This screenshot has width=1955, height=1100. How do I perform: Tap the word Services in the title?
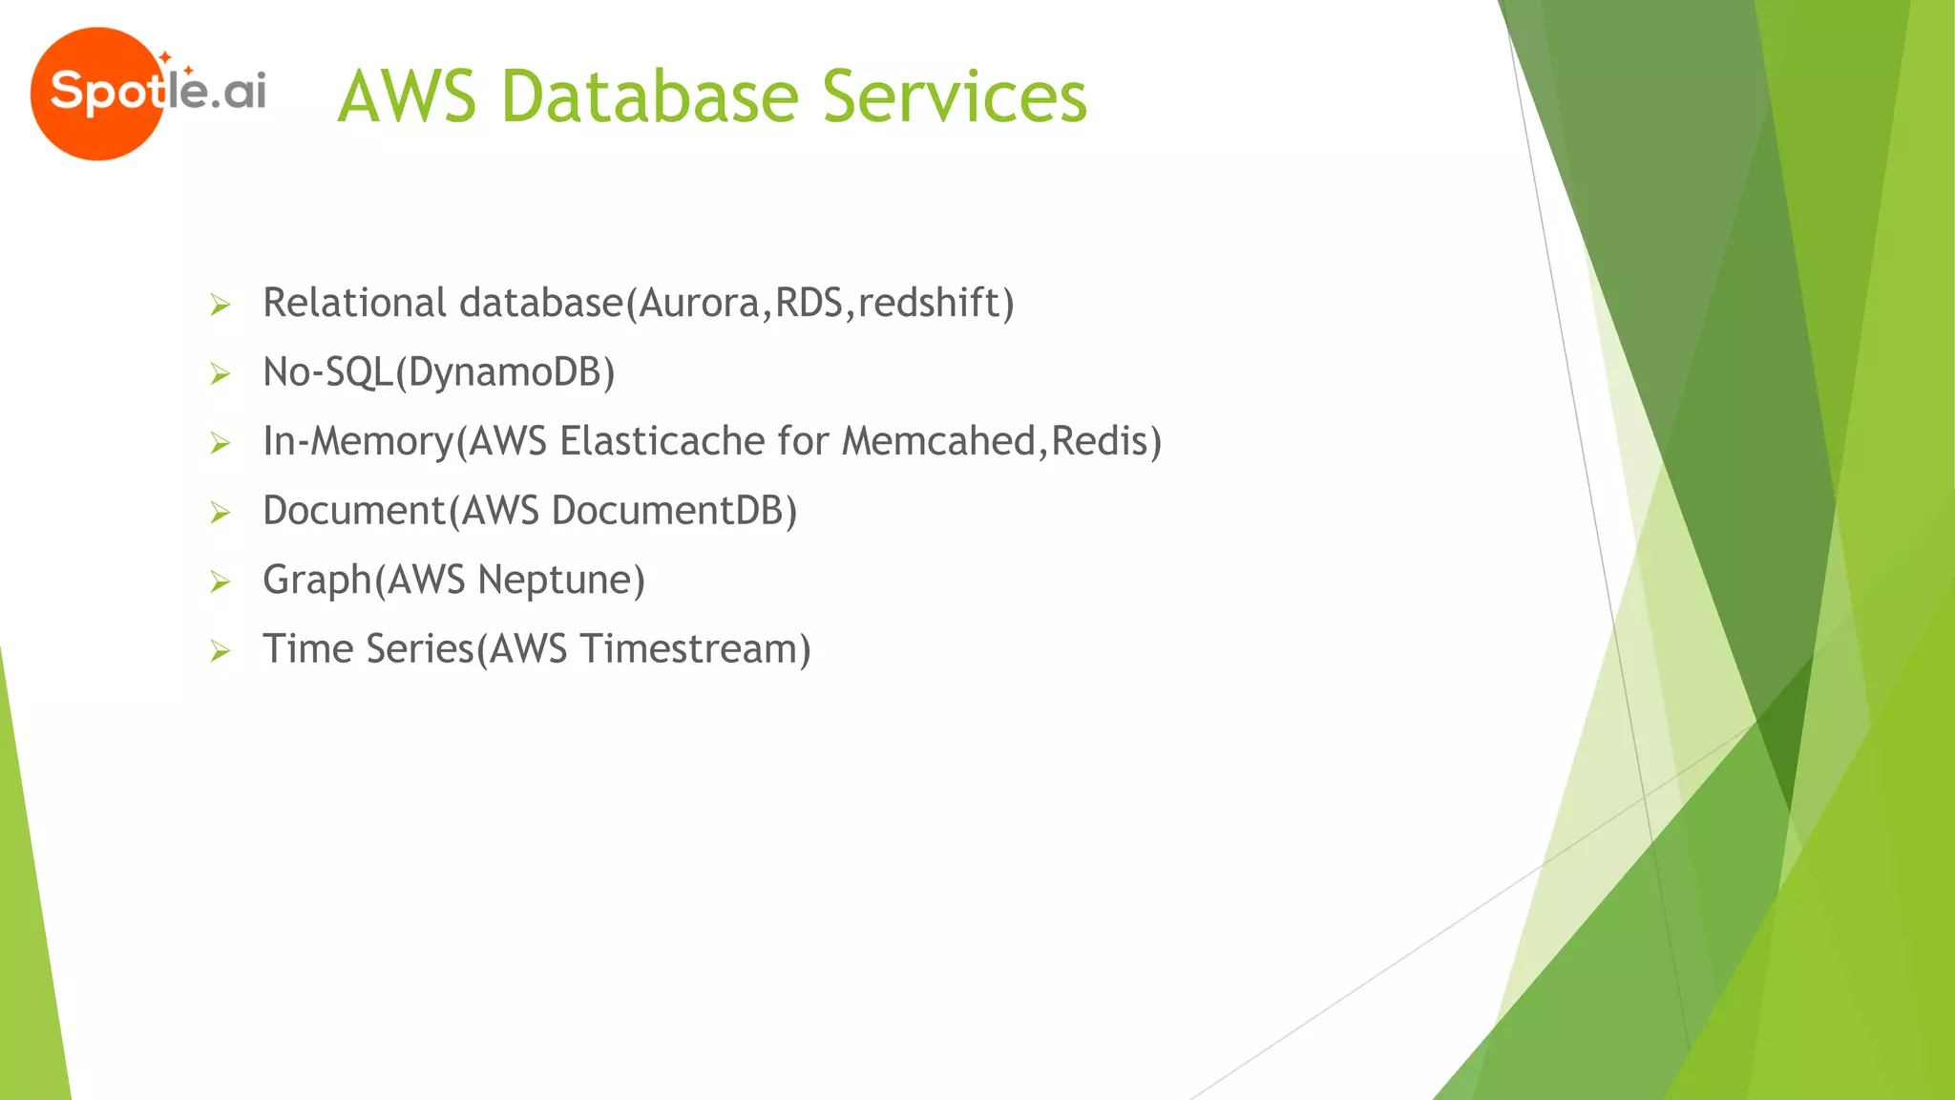[954, 97]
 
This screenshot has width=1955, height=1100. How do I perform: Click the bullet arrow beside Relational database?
[221, 306]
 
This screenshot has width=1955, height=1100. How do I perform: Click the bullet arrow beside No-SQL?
[221, 374]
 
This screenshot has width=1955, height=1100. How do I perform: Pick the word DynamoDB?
[505, 372]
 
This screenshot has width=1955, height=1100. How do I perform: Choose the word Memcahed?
[938, 441]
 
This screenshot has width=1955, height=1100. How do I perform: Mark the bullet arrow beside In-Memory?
[221, 444]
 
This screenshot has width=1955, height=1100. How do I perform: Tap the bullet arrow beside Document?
[221, 514]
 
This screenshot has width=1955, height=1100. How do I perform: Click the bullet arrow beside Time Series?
[221, 652]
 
